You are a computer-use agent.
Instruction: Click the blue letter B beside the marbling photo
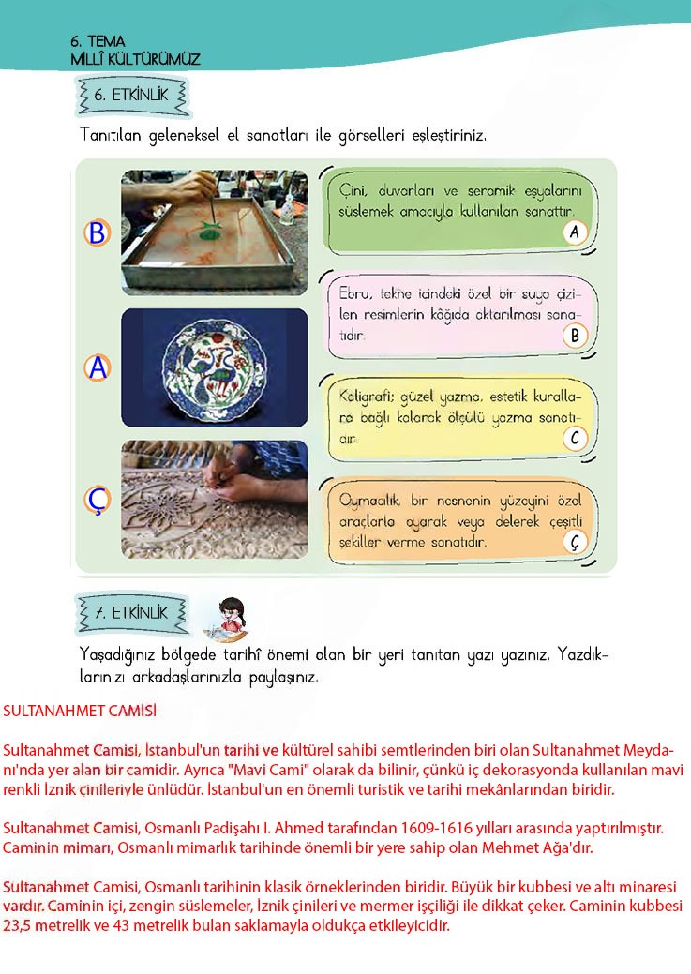point(97,232)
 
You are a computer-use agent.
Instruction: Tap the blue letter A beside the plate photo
point(97,369)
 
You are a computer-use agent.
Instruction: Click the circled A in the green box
point(575,232)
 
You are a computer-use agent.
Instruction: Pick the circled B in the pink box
point(575,336)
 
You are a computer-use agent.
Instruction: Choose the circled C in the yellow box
point(575,438)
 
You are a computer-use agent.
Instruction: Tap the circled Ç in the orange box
point(575,541)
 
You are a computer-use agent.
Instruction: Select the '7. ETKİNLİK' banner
point(131,613)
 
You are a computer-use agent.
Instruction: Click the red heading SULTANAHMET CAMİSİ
point(79,711)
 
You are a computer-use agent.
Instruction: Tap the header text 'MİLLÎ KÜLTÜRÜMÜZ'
point(135,59)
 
